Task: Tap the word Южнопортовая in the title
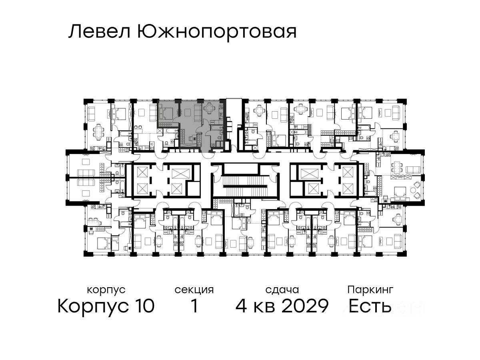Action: coord(216,32)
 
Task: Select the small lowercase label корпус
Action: coord(106,290)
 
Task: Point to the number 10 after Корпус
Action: coord(142,306)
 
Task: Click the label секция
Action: coord(194,290)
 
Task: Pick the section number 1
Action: coord(194,306)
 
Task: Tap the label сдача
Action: coord(282,290)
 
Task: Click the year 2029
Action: coord(305,306)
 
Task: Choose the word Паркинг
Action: coord(370,290)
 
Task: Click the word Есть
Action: coord(370,306)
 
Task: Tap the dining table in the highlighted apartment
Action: coord(209,108)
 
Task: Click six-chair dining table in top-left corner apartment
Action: coord(98,130)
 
